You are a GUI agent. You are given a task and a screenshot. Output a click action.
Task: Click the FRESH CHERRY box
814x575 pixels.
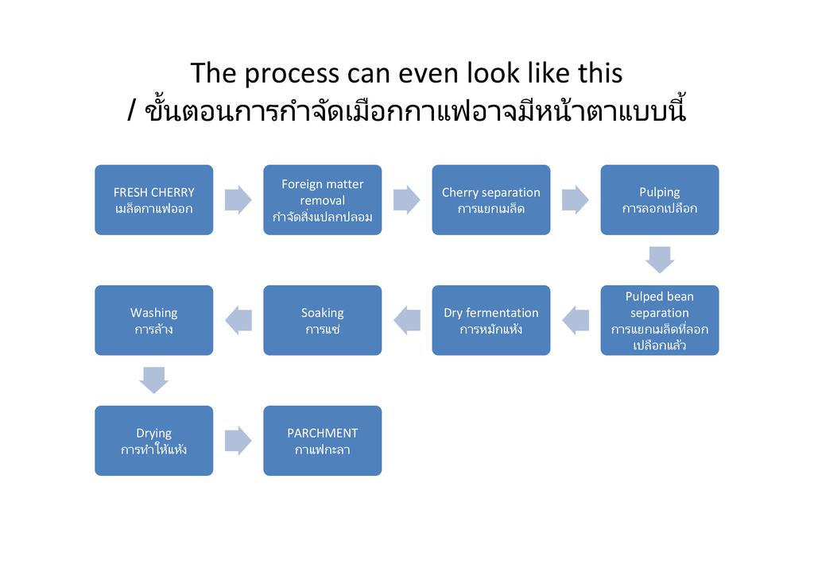[153, 200]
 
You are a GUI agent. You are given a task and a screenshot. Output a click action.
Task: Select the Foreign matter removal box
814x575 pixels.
[322, 200]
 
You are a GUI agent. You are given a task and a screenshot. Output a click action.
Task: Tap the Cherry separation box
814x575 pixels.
[490, 200]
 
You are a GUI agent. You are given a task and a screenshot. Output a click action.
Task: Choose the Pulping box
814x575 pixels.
[659, 200]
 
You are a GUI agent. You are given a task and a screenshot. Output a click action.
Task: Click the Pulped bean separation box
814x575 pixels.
[659, 320]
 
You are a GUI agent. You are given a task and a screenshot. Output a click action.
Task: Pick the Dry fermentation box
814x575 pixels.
[490, 320]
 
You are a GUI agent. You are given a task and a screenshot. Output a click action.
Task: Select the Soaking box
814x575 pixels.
[322, 320]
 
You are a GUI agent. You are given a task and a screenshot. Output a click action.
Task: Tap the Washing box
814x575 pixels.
[153, 320]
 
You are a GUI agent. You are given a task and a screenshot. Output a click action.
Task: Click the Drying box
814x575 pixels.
[153, 441]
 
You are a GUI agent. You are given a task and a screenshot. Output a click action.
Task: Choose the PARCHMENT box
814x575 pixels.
[322, 441]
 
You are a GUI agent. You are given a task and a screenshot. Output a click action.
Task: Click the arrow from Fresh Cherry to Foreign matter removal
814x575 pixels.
[238, 200]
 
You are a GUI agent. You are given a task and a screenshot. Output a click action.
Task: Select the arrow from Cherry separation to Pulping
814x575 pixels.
[575, 200]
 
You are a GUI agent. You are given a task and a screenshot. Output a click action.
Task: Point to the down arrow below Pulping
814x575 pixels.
[659, 259]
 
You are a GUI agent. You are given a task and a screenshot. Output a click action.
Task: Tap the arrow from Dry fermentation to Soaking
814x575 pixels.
[406, 320]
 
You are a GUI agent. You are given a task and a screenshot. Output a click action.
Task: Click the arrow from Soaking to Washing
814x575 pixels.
[238, 320]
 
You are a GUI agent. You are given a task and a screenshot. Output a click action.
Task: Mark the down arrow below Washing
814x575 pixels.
[153, 380]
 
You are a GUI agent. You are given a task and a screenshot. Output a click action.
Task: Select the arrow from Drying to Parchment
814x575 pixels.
[238, 441]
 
